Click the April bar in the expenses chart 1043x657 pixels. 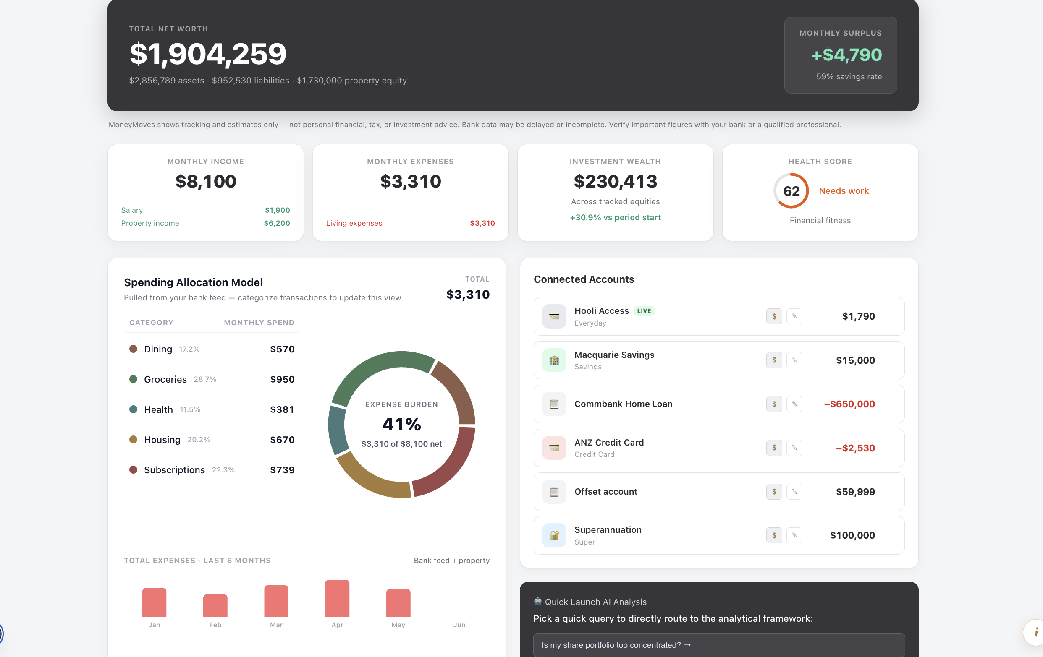click(337, 598)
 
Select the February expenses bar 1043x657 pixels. click(215, 605)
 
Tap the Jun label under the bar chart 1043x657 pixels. click(459, 625)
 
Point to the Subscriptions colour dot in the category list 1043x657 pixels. click(134, 469)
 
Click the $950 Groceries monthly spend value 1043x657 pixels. click(282, 379)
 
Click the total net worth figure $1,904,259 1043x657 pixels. click(208, 54)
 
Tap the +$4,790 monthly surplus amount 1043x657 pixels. click(846, 55)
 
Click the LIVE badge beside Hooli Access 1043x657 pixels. click(644, 311)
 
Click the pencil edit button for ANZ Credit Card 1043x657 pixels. click(794, 448)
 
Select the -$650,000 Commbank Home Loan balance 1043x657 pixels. click(849, 404)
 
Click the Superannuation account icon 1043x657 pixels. click(554, 535)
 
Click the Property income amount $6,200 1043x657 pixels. click(277, 223)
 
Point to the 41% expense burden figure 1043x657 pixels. click(401, 424)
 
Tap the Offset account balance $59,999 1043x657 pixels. click(855, 492)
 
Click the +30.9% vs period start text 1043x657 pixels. click(615, 217)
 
